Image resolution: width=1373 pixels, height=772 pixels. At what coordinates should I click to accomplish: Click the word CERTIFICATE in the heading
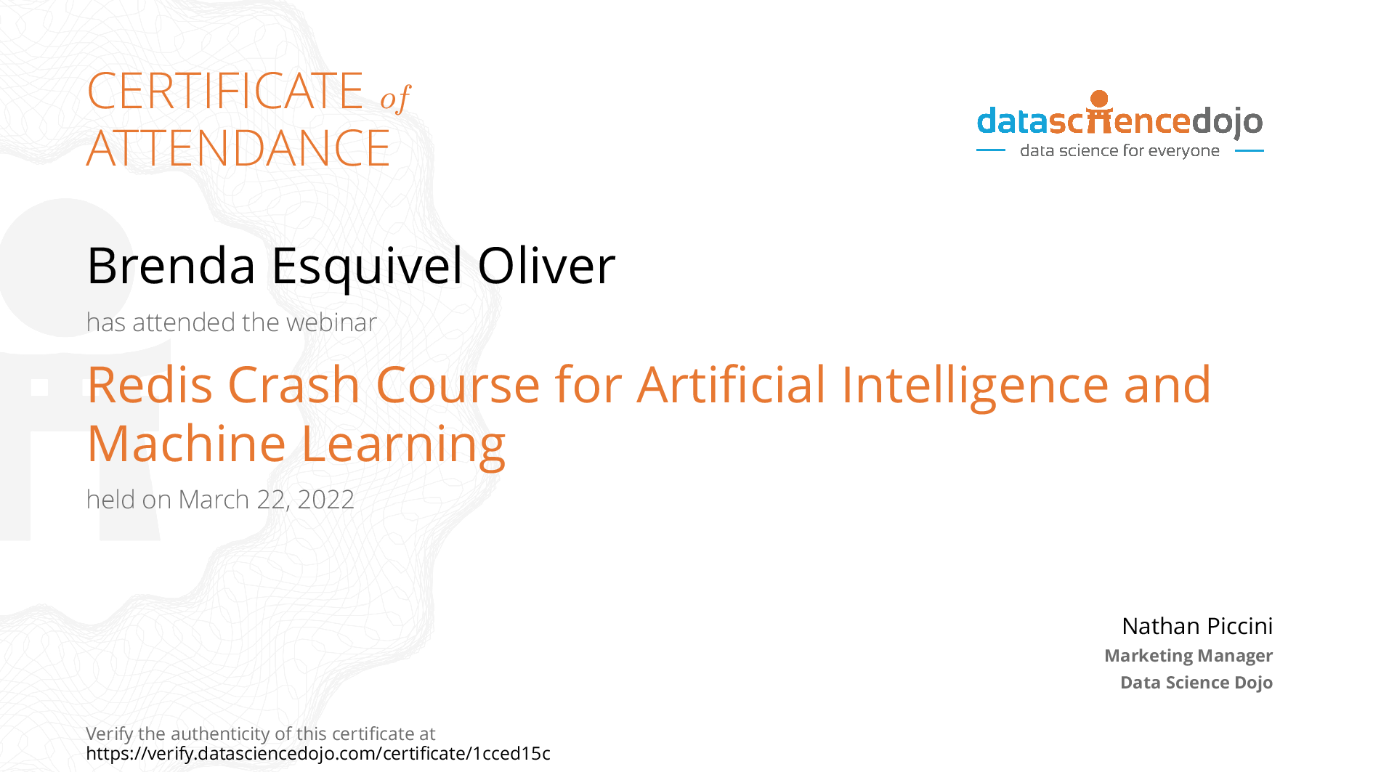tap(225, 92)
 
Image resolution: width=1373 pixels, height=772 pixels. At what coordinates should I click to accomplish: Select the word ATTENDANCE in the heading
tap(239, 148)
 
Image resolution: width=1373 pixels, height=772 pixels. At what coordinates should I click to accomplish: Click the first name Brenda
tap(171, 266)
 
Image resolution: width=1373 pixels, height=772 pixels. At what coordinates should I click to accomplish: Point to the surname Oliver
tap(546, 266)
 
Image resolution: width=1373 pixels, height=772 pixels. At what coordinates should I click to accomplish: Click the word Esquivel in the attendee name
tap(368, 267)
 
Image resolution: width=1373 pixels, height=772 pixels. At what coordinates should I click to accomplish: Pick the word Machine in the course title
tap(187, 444)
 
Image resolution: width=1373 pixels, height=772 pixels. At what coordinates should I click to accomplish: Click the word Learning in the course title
tap(403, 445)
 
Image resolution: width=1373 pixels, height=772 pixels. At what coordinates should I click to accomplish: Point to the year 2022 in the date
tap(326, 500)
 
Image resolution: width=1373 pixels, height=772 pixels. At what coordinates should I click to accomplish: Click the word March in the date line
tap(214, 500)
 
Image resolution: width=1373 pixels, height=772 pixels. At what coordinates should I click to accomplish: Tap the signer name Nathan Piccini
tap(1197, 626)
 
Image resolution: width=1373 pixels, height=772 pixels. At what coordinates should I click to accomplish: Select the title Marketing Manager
tap(1188, 656)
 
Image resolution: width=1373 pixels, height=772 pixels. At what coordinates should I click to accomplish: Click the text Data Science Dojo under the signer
tap(1196, 683)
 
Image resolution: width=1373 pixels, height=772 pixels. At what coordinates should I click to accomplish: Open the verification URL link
tap(318, 754)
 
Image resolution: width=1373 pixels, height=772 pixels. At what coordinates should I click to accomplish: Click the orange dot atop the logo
tap(1100, 99)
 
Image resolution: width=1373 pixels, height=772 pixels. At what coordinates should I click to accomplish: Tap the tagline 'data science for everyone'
tap(1119, 150)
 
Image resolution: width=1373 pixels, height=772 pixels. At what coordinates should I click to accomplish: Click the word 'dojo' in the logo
tap(1227, 122)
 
